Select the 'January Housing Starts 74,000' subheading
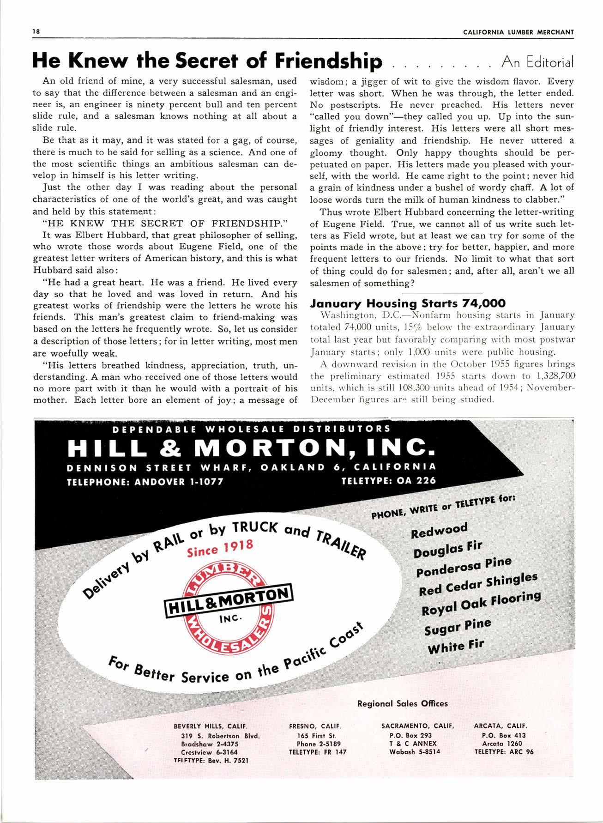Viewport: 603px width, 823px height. pos(408,303)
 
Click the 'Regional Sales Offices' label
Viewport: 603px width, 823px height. pos(403,703)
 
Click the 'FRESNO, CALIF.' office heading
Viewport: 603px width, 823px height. pos(315,726)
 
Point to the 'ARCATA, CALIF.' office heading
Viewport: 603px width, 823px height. pos(500,726)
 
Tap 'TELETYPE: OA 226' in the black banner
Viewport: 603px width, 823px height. pos(388,480)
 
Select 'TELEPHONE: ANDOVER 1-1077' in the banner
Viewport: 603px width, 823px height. pos(145,482)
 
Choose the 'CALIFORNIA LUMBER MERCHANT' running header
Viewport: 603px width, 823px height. pos(519,32)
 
